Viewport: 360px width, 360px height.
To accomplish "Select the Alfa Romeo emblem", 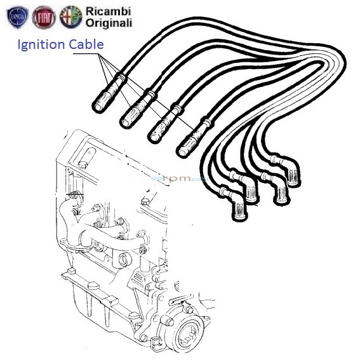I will [x=72, y=17].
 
